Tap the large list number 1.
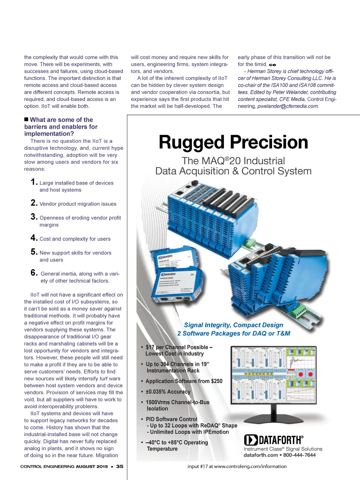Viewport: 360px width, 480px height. click(x=34, y=182)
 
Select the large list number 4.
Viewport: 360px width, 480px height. click(x=34, y=238)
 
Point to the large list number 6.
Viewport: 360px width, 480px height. click(x=34, y=273)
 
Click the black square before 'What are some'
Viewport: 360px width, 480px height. click(x=26, y=120)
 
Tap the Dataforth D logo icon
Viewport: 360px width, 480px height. click(x=251, y=440)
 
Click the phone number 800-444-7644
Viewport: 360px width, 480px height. click(x=299, y=455)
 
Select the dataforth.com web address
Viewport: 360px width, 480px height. click(x=261, y=455)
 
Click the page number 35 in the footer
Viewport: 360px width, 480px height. click(x=120, y=467)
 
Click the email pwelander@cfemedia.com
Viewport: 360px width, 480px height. click(x=288, y=106)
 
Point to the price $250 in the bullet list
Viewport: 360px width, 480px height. click(x=217, y=381)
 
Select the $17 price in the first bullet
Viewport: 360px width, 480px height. click(x=150, y=347)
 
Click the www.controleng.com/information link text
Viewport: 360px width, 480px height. click(x=250, y=467)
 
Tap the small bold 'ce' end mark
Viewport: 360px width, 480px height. click(x=272, y=65)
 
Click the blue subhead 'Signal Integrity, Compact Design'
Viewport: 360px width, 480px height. click(x=233, y=325)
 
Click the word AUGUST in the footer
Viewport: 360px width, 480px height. click(x=85, y=467)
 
